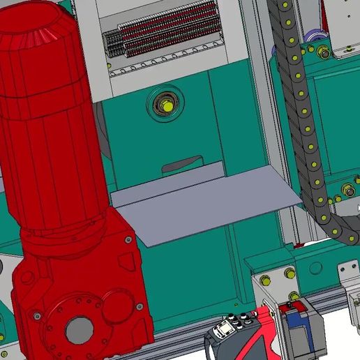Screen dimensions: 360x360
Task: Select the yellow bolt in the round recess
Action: [x=166, y=105]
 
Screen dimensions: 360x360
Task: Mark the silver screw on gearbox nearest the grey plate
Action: [x=128, y=240]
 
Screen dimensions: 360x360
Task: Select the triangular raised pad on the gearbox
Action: [x=126, y=261]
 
